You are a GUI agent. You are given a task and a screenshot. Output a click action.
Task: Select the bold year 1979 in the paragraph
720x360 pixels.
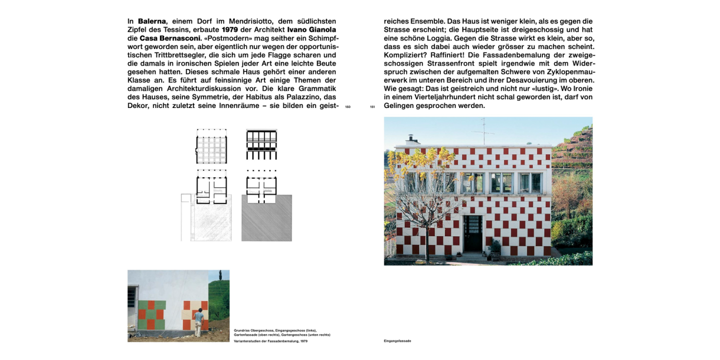230,29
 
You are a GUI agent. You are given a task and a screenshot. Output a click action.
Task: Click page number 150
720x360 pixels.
348,107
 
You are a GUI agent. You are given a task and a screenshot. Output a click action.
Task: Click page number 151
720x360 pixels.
372,107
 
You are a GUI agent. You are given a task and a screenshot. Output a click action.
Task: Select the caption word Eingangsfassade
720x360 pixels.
397,341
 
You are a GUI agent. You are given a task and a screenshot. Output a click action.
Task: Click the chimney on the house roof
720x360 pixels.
411,140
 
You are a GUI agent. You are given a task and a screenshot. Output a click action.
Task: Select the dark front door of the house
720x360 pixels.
473,233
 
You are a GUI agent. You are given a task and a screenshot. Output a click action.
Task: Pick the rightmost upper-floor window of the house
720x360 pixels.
531,183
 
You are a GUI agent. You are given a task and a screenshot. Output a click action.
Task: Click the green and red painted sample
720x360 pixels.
151,315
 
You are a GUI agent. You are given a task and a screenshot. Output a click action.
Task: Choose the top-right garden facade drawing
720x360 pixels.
262,144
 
